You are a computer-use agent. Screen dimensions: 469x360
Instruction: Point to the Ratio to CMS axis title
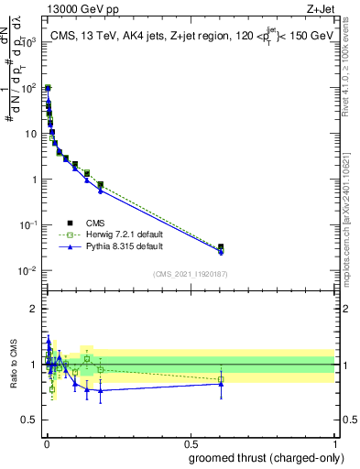point(16,365)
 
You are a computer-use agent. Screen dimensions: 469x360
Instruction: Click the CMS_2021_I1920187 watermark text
point(189,274)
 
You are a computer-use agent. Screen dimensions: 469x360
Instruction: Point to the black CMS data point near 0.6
point(221,247)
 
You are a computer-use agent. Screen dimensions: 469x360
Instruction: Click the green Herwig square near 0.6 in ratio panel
point(221,378)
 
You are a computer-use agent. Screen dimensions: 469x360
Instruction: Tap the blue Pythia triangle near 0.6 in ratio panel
point(221,384)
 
